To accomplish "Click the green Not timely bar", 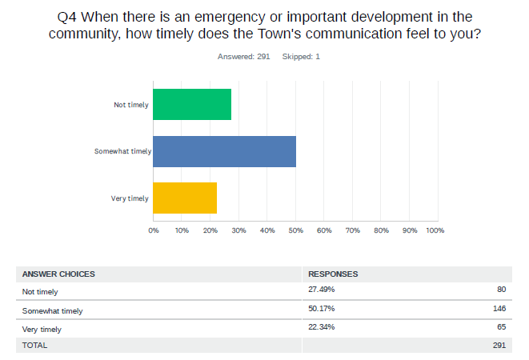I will point(192,104).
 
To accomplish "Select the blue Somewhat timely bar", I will point(224,151).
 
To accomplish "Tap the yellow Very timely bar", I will point(185,198).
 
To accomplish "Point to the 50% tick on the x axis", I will point(295,230).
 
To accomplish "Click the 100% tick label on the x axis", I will point(435,230).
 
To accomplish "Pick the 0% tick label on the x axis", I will point(154,230).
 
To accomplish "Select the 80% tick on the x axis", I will point(381,230).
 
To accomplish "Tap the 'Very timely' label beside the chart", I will point(130,198).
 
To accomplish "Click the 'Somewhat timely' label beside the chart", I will point(122,151).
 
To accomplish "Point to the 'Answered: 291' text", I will point(243,57).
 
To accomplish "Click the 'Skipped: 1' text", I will point(301,57).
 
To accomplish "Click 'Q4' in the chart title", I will point(68,16).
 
